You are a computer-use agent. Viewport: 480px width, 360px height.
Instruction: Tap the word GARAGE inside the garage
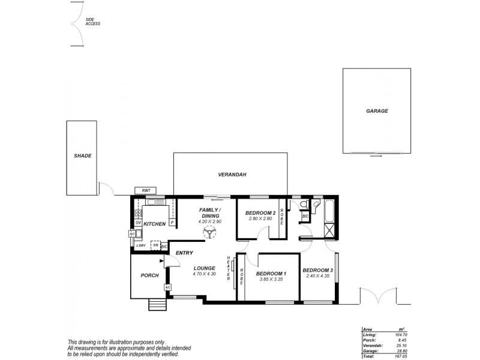click(377, 111)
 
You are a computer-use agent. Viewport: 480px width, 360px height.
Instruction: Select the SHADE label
click(83, 155)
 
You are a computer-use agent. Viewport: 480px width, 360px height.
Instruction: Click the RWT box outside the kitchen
click(146, 191)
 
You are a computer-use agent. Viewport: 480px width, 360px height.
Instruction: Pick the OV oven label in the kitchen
click(137, 223)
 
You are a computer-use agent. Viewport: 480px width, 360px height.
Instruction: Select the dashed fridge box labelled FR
click(155, 245)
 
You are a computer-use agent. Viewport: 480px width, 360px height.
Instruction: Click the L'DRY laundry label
click(141, 245)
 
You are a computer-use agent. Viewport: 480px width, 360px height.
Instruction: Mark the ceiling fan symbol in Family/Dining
click(210, 232)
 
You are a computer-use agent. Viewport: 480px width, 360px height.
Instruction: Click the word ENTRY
click(184, 253)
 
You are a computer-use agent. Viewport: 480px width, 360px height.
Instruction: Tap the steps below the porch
click(157, 304)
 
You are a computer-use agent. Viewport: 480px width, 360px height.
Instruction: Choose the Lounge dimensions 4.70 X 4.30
click(204, 274)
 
